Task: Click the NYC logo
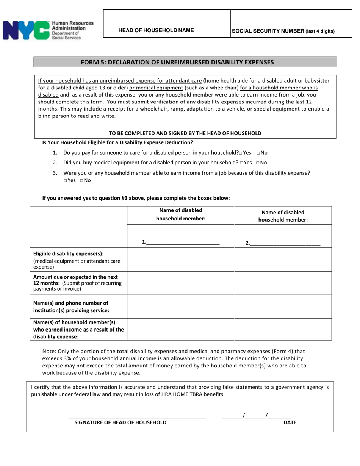[x=26, y=30]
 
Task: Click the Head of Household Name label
[x=156, y=30]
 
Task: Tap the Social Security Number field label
[x=283, y=31]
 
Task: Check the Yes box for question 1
[x=241, y=153]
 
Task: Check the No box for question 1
[x=258, y=153]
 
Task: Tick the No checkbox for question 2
[x=258, y=163]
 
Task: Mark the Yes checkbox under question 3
[x=65, y=181]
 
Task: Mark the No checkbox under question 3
[x=81, y=181]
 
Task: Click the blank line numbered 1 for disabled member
[x=183, y=242]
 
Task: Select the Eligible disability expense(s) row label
[x=68, y=253]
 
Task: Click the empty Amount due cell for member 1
[x=181, y=283]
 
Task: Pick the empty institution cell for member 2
[x=283, y=306]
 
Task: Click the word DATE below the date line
[x=290, y=422]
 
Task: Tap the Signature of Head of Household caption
[x=120, y=422]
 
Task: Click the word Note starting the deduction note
[x=49, y=351]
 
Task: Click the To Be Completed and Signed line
[x=185, y=133]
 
